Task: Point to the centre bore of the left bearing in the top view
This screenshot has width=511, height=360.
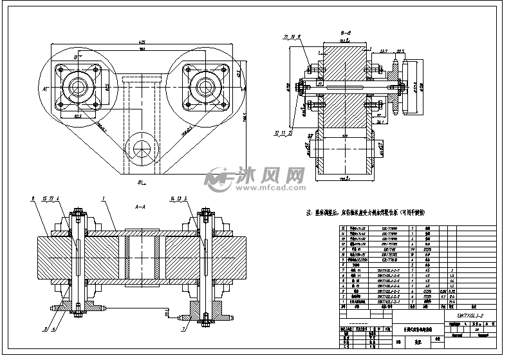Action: [x=78, y=84]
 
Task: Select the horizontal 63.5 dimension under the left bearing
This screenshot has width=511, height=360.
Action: [x=78, y=117]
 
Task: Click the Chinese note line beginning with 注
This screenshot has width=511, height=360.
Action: [x=373, y=212]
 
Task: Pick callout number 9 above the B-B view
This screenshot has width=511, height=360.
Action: [x=299, y=37]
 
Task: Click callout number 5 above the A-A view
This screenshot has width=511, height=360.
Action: [x=186, y=198]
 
